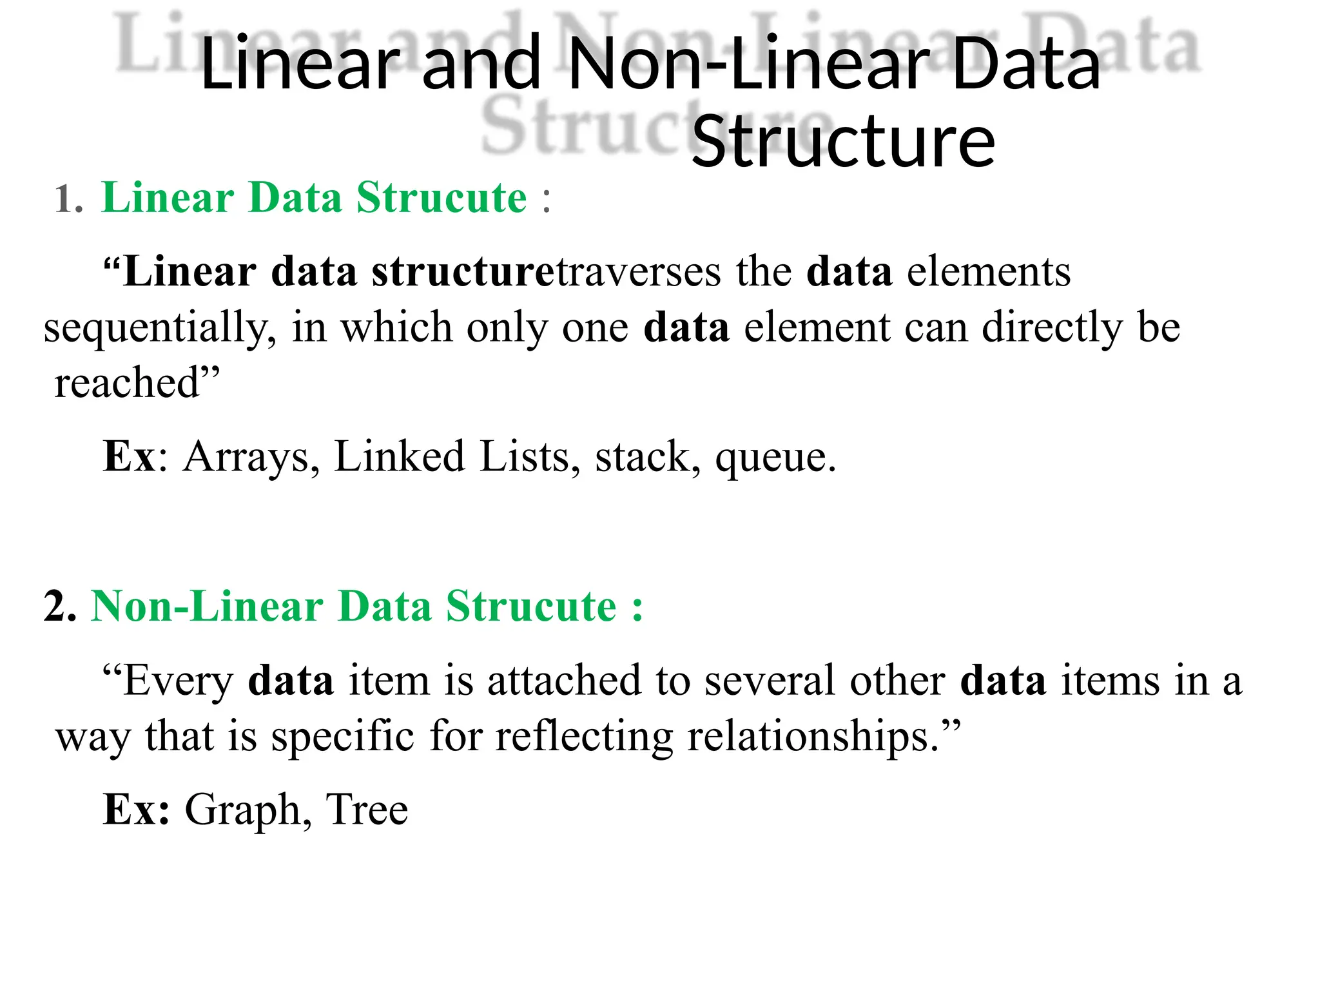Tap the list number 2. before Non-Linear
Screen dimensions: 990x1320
pos(60,607)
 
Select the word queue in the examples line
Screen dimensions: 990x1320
pos(775,458)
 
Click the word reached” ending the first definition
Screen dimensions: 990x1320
pos(137,383)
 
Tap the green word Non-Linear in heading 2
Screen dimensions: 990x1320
pos(207,607)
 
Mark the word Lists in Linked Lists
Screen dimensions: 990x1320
pos(523,457)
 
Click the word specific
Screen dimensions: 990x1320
pos(342,737)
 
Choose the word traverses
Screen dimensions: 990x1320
pos(638,272)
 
